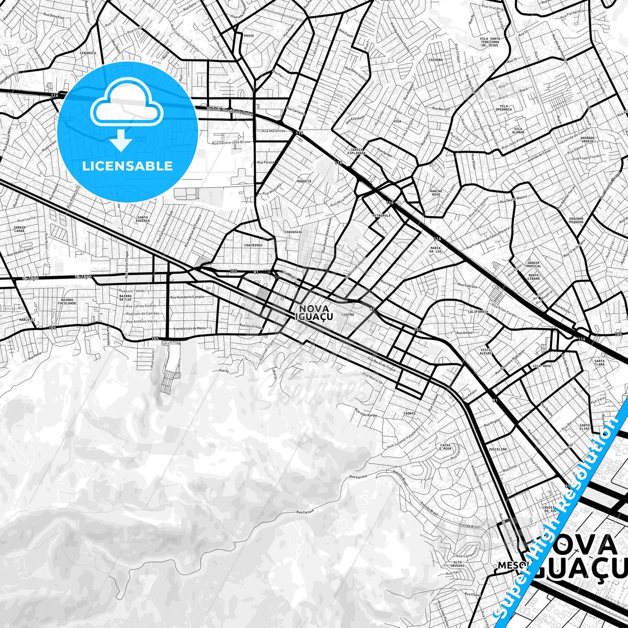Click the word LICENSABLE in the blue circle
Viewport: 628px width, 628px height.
click(127, 166)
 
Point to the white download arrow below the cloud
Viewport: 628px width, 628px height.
click(121, 141)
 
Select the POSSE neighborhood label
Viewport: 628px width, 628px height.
click(249, 36)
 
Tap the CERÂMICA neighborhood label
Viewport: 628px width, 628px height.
click(88, 53)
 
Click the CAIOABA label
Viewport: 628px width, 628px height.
click(435, 60)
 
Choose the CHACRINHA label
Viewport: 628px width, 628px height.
click(253, 245)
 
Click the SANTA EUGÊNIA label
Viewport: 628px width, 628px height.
click(143, 219)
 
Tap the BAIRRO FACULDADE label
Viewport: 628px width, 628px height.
click(68, 301)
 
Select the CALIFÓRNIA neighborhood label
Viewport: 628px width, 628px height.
click(478, 312)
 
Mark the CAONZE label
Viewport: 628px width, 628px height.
click(409, 413)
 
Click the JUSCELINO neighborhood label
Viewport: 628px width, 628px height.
click(497, 449)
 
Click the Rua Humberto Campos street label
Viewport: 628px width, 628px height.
click(187, 297)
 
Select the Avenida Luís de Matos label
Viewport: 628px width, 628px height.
click(189, 329)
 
